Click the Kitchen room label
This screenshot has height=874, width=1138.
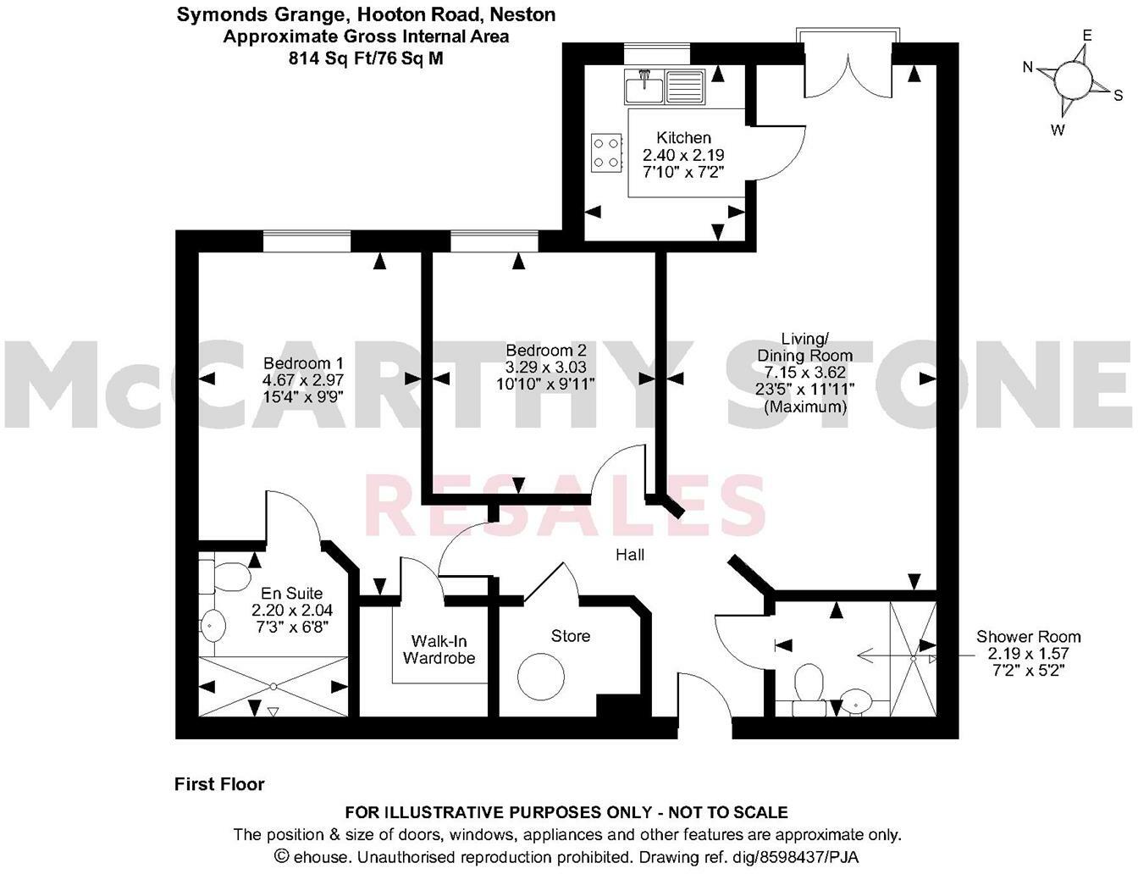pos(684,137)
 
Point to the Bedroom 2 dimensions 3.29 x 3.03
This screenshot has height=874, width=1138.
pos(545,368)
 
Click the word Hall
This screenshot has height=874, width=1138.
pos(630,555)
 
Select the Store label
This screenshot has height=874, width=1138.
pos(570,636)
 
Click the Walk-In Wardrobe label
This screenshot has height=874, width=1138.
pos(439,650)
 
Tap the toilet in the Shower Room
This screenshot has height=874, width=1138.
pos(808,684)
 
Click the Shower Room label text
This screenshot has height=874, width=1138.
pos(1028,637)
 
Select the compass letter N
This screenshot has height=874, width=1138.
pos(1028,68)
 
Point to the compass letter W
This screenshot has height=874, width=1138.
pos(1058,130)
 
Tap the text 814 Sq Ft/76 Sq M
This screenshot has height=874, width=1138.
pos(365,58)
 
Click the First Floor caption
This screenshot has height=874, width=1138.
pos(219,784)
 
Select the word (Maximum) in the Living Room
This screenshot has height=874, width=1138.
pos(804,407)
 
